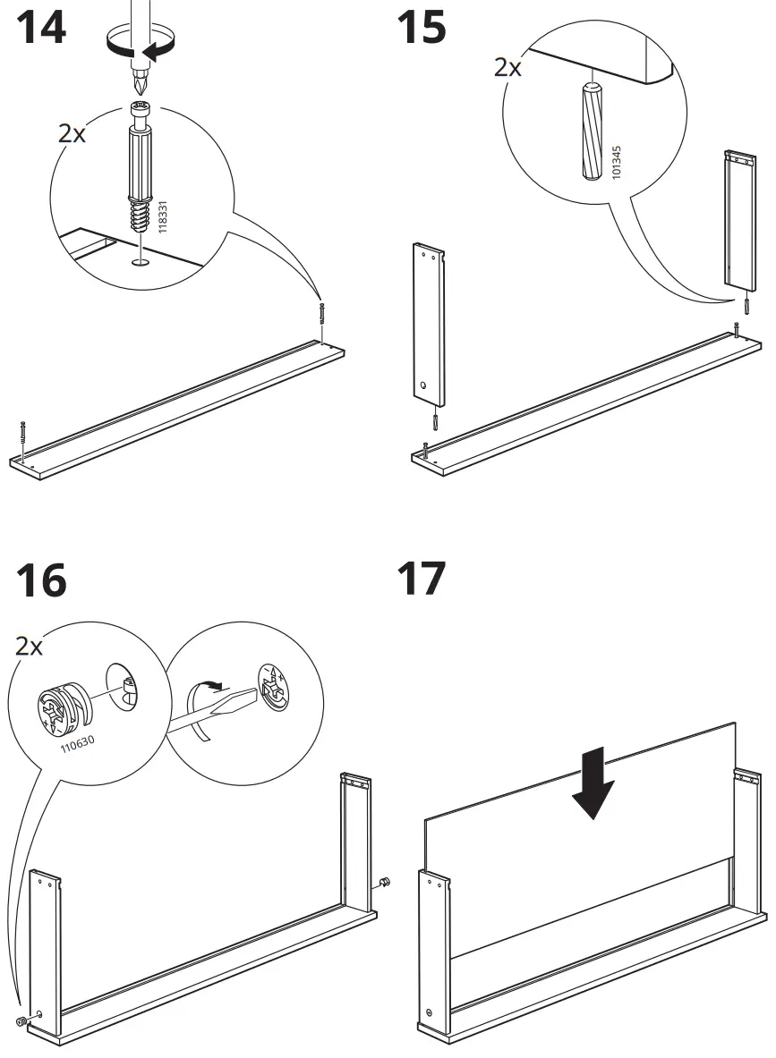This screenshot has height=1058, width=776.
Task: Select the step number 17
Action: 421,579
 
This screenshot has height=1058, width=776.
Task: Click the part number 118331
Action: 162,216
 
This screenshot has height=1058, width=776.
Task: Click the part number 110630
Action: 80,741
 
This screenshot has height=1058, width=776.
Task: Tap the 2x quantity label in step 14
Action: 72,134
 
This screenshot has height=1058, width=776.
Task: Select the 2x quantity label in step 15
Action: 507,68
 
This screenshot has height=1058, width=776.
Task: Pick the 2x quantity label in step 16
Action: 29,646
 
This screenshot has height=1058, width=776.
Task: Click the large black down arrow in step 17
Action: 593,784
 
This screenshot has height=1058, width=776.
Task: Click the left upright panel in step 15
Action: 429,322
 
